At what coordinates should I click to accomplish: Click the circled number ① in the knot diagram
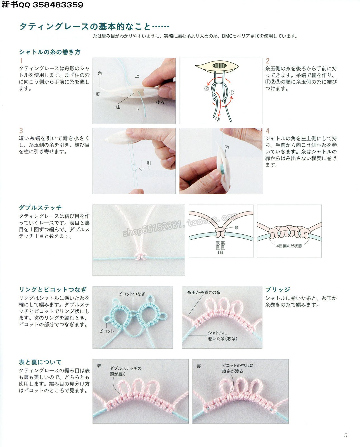pyautogui.click(x=231, y=92)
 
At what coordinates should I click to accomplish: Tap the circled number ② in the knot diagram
pyautogui.click(x=206, y=89)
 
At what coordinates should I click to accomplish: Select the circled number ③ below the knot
pyautogui.click(x=217, y=119)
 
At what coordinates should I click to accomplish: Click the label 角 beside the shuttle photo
pyautogui.click(x=100, y=73)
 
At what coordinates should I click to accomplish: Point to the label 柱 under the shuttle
pyautogui.click(x=118, y=107)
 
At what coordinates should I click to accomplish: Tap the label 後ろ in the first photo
pyautogui.click(x=160, y=102)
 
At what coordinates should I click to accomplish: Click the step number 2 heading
pyautogui.click(x=268, y=61)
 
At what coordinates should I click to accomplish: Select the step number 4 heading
pyautogui.click(x=268, y=131)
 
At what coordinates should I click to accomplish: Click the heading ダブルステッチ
pyautogui.click(x=40, y=208)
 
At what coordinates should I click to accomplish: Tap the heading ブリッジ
pyautogui.click(x=278, y=289)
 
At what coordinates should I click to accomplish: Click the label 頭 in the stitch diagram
pyautogui.click(x=236, y=227)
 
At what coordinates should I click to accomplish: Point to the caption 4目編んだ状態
pyautogui.click(x=289, y=246)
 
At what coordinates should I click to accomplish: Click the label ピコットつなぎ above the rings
pyautogui.click(x=132, y=294)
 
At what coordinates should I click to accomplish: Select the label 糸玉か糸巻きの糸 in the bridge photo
pyautogui.click(x=204, y=293)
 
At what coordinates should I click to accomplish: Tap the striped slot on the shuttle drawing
pyautogui.click(x=219, y=66)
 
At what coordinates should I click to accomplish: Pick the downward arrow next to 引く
pyautogui.click(x=142, y=165)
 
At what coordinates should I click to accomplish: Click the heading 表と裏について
pyautogui.click(x=40, y=362)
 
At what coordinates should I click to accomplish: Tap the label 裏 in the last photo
pyautogui.click(x=199, y=366)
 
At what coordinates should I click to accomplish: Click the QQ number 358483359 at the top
pyautogui.click(x=58, y=4)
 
